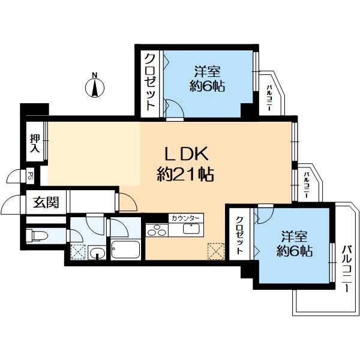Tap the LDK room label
(187, 154)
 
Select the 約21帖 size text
(185, 175)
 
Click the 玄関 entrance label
(46, 202)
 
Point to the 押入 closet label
(35, 144)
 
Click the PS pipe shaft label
(30, 176)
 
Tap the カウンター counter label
(186, 218)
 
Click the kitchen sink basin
(191, 229)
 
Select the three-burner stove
(157, 230)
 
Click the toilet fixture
(37, 235)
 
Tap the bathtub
(125, 250)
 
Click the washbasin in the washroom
(97, 253)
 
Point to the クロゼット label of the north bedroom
(150, 82)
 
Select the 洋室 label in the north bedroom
(208, 71)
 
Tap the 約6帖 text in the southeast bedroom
(294, 251)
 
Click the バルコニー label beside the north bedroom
(269, 98)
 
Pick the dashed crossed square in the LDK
(216, 251)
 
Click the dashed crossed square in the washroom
(78, 252)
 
